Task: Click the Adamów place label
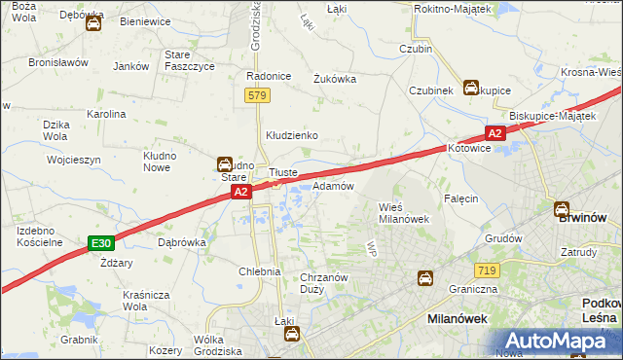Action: (x=333, y=185)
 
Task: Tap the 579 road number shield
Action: (x=258, y=95)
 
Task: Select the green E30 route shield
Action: (x=100, y=242)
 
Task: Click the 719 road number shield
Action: (x=488, y=269)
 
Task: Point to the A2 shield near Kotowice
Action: (x=495, y=133)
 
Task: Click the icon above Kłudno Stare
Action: (x=225, y=165)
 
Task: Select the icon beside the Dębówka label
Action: (x=93, y=25)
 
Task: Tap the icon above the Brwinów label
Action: (x=563, y=207)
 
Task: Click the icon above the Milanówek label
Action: (x=425, y=279)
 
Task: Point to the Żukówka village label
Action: (x=334, y=79)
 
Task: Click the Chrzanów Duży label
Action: (x=324, y=283)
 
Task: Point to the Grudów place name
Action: (x=503, y=237)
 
